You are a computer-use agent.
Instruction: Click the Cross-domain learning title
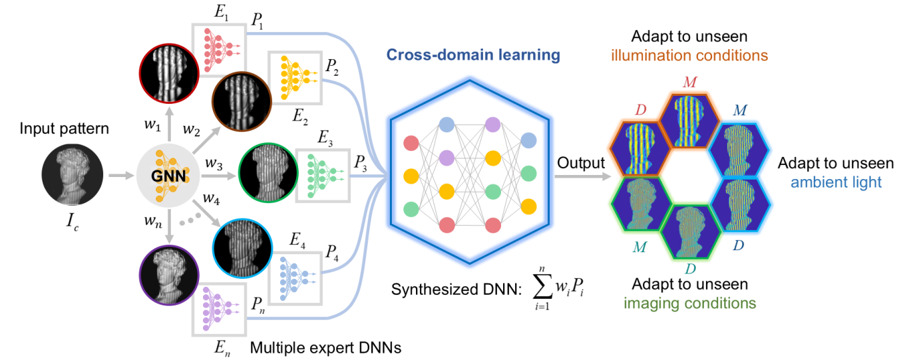click(x=472, y=54)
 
